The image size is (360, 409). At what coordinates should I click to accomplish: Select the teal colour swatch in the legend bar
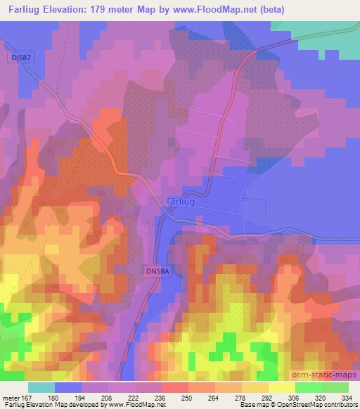[x=41, y=387]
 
